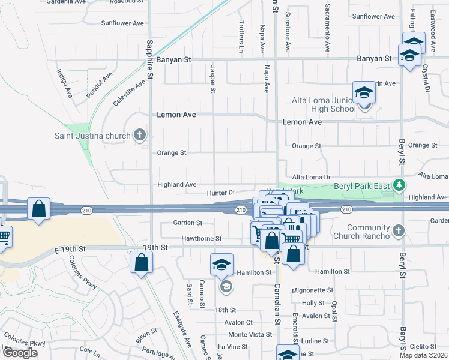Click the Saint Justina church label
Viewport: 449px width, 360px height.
[x=92, y=136]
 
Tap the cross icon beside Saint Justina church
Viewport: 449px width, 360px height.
[x=140, y=135]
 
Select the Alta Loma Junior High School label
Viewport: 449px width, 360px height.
[x=324, y=104]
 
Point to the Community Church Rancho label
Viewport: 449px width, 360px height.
[x=360, y=231]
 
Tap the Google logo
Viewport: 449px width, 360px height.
[x=20, y=353]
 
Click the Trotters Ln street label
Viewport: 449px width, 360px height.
[x=241, y=34]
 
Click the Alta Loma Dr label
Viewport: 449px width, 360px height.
[x=311, y=178]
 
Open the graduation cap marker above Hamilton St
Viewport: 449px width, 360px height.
[x=221, y=264]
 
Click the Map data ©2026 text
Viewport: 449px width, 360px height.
[x=424, y=355]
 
